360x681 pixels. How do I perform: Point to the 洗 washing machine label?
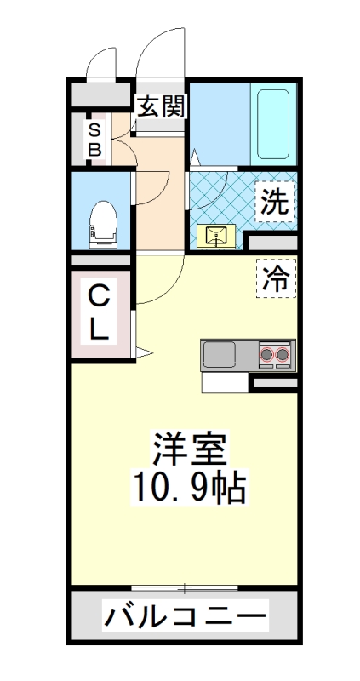(274, 203)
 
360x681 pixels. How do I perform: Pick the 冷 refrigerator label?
(275, 278)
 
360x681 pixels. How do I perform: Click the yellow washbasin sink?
(214, 236)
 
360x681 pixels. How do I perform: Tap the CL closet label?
(100, 313)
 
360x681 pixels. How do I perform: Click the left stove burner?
(267, 353)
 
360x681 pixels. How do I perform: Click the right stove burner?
(284, 353)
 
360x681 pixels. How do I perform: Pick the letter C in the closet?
(100, 298)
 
